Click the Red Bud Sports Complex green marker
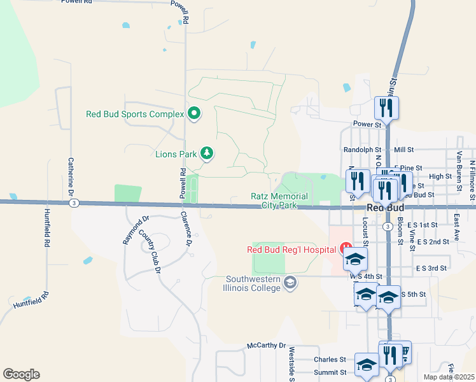pyautogui.click(x=194, y=114)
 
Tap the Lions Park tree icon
pyautogui.click(x=206, y=153)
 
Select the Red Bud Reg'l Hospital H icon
pyautogui.click(x=346, y=248)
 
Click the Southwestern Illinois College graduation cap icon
pyautogui.click(x=290, y=282)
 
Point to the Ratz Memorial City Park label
pyautogui.click(x=279, y=201)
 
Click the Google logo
pyautogui.click(x=21, y=374)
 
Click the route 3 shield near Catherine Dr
pyautogui.click(x=75, y=203)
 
